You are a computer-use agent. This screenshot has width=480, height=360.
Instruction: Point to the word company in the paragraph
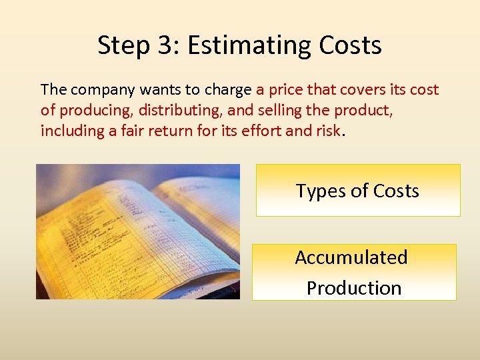(96, 90)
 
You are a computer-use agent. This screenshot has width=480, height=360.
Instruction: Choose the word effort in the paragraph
(257, 131)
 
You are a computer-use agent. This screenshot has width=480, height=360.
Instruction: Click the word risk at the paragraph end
(327, 131)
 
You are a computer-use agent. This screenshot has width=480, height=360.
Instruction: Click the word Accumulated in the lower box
(351, 257)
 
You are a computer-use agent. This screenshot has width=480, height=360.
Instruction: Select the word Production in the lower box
(354, 288)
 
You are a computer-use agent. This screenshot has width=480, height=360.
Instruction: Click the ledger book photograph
(138, 231)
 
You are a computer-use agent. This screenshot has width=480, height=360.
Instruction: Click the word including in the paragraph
(69, 131)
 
